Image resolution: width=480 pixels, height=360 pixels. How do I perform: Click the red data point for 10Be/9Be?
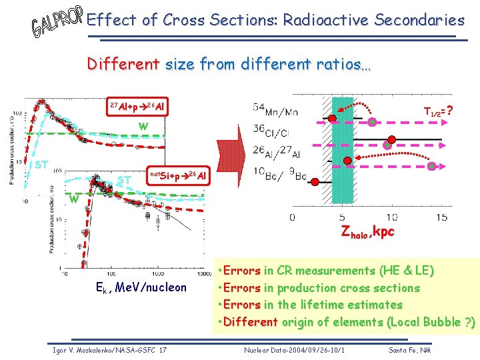tap(347, 161)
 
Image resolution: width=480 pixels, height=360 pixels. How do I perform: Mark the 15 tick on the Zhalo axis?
tap(441, 217)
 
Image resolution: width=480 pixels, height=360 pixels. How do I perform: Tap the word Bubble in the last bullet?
tap(436, 323)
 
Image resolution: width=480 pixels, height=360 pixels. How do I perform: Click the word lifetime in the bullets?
tap(330, 305)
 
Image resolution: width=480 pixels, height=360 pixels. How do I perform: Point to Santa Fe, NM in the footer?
tap(410, 349)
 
